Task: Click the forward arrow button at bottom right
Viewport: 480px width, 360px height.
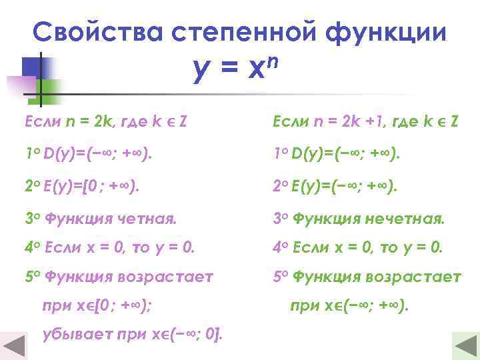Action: tap(465, 345)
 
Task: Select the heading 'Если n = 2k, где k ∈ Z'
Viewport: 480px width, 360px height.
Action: tap(105, 122)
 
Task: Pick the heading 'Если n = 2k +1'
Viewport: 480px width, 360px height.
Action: tap(365, 122)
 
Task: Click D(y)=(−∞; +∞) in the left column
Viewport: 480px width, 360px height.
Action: tap(97, 154)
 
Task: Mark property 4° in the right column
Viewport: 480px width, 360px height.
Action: tap(358, 247)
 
